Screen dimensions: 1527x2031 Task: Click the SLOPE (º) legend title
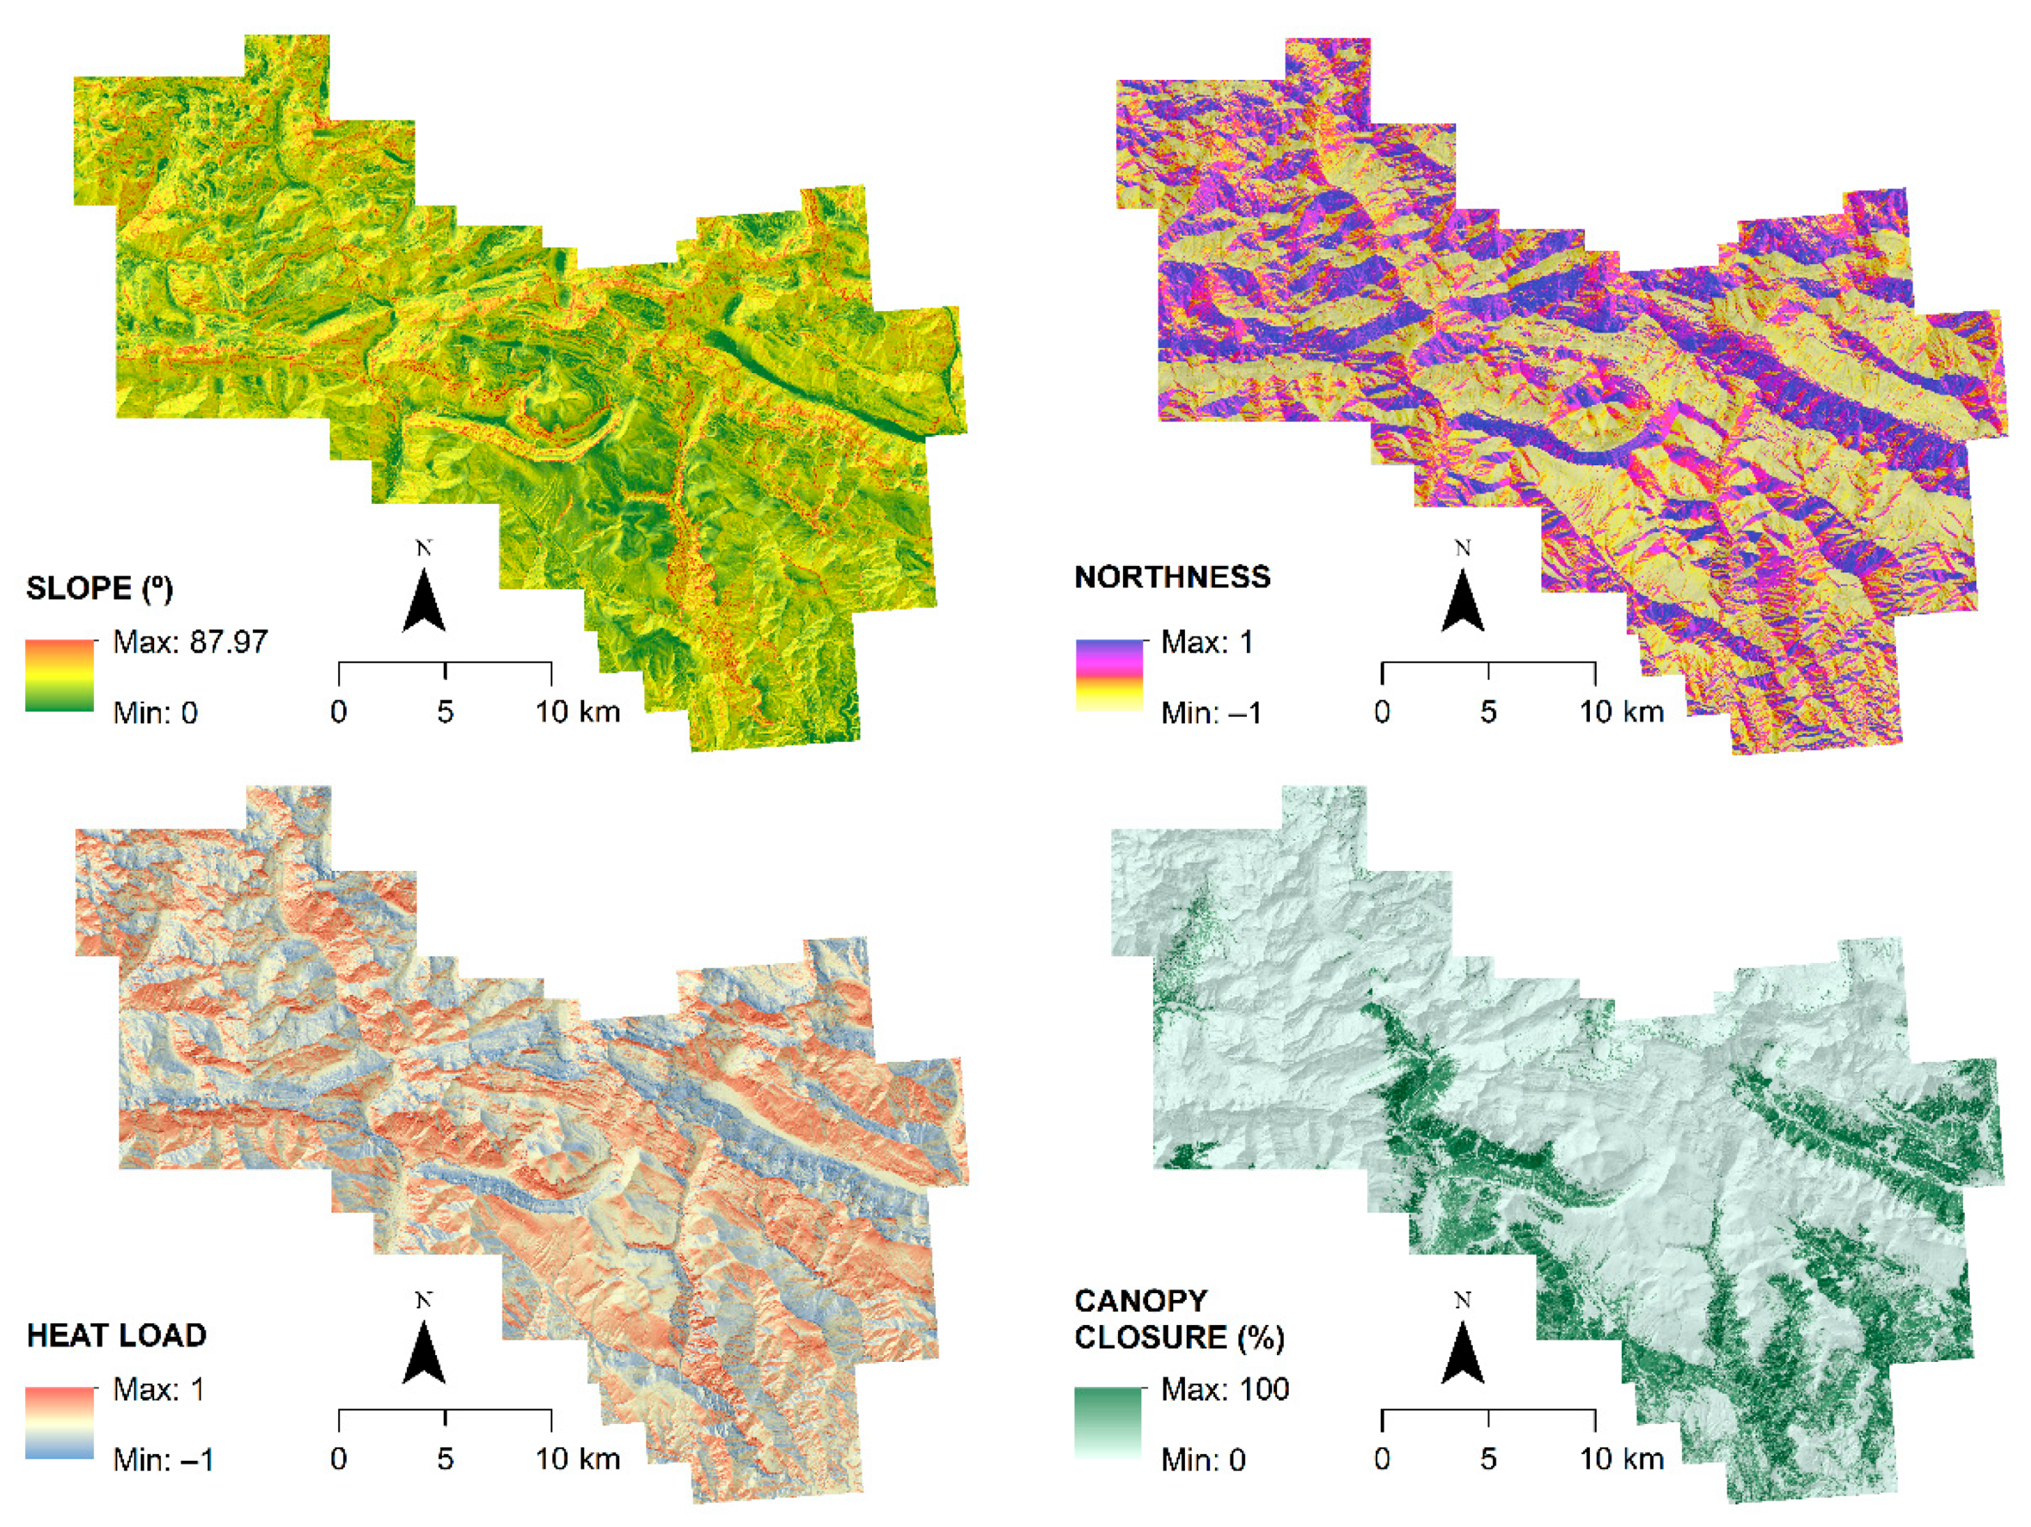[99, 588]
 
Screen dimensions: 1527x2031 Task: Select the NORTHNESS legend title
[1173, 577]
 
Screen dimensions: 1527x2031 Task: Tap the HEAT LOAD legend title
[117, 1335]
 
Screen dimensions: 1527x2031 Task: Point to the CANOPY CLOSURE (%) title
[1179, 1318]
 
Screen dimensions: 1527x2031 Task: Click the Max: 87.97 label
[190, 642]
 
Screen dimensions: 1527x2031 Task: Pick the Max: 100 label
[1225, 1389]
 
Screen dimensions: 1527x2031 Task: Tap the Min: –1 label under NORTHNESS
[1210, 713]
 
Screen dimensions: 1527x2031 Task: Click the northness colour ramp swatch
[1109, 676]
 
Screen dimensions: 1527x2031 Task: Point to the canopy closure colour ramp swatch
[1109, 1423]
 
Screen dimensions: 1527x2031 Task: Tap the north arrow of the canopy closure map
[1462, 1348]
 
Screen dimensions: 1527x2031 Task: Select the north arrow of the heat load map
[423, 1348]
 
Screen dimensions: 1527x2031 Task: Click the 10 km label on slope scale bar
[577, 711]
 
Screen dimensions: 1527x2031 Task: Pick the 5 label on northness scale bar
[1488, 711]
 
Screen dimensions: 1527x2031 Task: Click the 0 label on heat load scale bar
[339, 1459]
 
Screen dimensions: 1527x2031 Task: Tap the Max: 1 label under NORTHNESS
[1207, 642]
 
